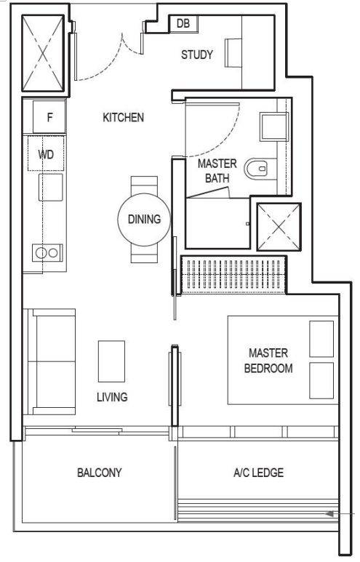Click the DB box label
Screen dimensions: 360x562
pos(183,24)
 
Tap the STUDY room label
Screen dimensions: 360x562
pos(197,55)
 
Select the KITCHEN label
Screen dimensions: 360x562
pos(124,117)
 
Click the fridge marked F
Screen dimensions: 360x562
pos(49,117)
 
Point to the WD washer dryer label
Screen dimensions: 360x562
pos(46,154)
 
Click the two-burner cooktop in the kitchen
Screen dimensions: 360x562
pos(47,253)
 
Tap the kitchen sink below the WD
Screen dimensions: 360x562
pos(51,187)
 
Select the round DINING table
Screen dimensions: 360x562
pos(144,220)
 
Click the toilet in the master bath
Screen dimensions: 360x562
pos(260,169)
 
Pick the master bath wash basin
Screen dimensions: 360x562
pos(274,127)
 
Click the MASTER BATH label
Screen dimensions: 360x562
pos(217,171)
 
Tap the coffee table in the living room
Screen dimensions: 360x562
pos(111,361)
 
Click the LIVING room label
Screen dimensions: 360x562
pos(112,397)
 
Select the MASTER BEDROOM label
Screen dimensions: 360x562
pos(268,360)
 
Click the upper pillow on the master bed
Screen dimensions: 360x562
pos(321,339)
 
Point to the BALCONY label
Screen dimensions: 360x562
pos(100,473)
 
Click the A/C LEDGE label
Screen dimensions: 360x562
pos(258,473)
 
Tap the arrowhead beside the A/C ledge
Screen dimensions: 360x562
pos(329,514)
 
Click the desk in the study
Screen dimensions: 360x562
pos(233,52)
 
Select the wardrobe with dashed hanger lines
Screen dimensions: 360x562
pos(233,275)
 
